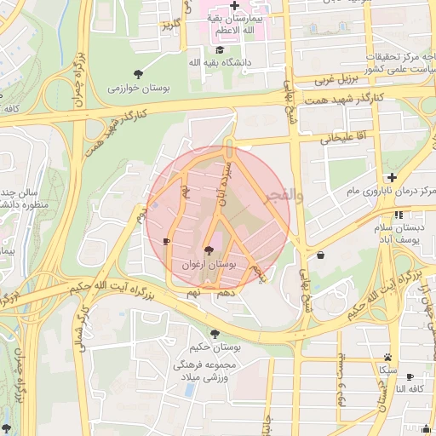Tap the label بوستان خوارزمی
coord(138,87)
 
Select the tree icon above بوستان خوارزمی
coord(139,72)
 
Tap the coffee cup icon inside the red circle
coord(166,242)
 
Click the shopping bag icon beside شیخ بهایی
coord(320,254)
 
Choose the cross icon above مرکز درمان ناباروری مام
coord(391,177)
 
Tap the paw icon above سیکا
coord(388,357)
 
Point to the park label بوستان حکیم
coord(214,347)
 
